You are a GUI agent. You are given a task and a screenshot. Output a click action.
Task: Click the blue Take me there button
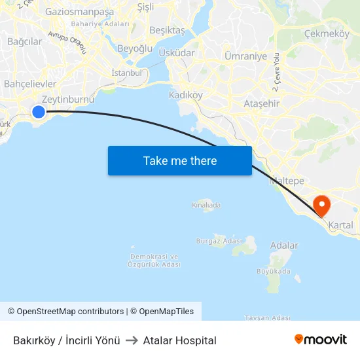point(180,160)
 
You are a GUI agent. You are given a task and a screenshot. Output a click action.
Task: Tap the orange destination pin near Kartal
point(322,206)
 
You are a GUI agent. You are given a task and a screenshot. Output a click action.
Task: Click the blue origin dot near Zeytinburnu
point(39,112)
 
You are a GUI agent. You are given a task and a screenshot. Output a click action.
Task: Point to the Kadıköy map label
point(186,95)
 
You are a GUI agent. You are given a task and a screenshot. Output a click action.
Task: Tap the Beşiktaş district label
point(168,30)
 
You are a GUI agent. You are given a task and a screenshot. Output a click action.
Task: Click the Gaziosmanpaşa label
point(79,11)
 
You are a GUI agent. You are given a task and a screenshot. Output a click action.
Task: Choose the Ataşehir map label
point(261,103)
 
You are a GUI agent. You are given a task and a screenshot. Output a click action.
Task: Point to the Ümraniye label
point(245,56)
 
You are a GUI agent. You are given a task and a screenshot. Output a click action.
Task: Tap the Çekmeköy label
point(327,33)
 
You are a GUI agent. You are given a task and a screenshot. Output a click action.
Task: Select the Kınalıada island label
point(206,205)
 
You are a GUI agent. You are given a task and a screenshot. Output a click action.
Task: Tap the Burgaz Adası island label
point(219,241)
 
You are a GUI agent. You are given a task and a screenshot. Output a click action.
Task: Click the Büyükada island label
point(274,271)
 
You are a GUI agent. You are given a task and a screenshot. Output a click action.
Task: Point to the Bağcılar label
point(24,41)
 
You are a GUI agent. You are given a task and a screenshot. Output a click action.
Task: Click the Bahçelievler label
point(30,84)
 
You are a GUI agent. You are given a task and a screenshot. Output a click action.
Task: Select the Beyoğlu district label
point(135,48)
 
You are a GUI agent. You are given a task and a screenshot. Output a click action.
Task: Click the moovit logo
point(320,339)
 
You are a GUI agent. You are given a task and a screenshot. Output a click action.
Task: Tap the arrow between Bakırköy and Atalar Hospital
point(132,340)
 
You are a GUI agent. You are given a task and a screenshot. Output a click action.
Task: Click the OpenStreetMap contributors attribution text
point(70,312)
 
